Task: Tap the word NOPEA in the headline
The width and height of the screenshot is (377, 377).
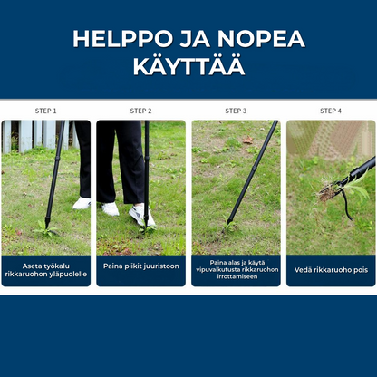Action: [x=259, y=40]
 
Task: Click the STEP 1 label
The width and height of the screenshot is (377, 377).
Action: [x=45, y=111]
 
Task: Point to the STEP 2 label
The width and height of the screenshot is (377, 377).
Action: [x=140, y=111]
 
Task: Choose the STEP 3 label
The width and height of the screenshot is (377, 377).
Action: [x=236, y=111]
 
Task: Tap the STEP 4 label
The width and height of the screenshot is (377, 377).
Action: [x=331, y=111]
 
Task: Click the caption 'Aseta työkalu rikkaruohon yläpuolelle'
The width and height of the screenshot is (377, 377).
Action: [x=45, y=270]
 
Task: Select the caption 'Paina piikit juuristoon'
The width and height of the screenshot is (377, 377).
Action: [x=140, y=266]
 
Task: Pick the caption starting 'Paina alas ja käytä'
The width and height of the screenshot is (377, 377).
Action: [x=236, y=269]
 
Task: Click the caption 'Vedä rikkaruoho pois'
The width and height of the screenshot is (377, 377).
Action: [x=331, y=270]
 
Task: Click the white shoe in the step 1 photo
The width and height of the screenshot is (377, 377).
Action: [x=82, y=204]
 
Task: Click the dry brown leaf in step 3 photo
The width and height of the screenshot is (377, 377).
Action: [x=247, y=140]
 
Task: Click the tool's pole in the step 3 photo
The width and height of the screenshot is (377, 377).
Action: [x=252, y=172]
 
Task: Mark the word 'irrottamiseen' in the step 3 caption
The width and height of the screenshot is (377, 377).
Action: [x=236, y=276]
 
